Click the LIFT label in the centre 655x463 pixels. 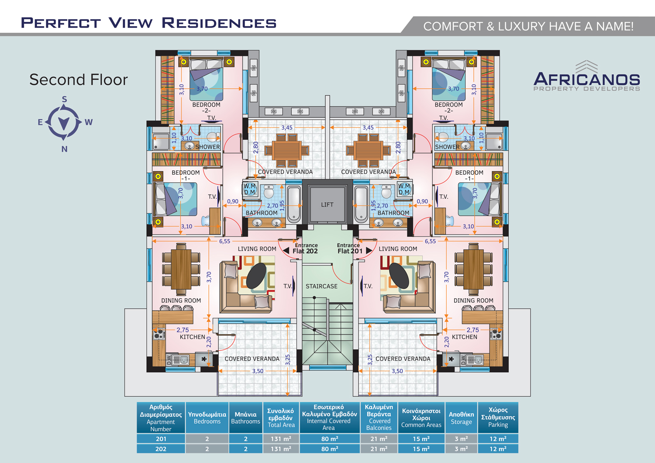pos(327,205)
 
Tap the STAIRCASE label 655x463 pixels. pos(321,287)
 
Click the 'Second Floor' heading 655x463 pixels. pos(78,79)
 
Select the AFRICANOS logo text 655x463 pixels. pos(586,79)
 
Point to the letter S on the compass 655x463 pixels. pos(64,100)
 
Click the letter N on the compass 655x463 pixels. pos(64,149)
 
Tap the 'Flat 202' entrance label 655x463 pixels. pos(305,251)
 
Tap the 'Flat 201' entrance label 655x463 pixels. pos(350,251)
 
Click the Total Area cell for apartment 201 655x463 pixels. pos(281,439)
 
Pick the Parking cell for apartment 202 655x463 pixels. pos(498,449)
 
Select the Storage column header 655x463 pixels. pos(461,418)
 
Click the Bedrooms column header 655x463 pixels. pos(207,418)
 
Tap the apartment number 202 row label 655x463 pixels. pos(161,449)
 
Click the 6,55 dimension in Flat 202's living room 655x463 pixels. pos(224,241)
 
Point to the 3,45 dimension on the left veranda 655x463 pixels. pos(287,128)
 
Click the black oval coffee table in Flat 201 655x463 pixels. pos(399,276)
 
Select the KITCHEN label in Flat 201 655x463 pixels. pos(464,337)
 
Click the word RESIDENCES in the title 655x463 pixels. pos(219,23)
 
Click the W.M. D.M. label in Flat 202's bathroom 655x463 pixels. pos(250,189)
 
